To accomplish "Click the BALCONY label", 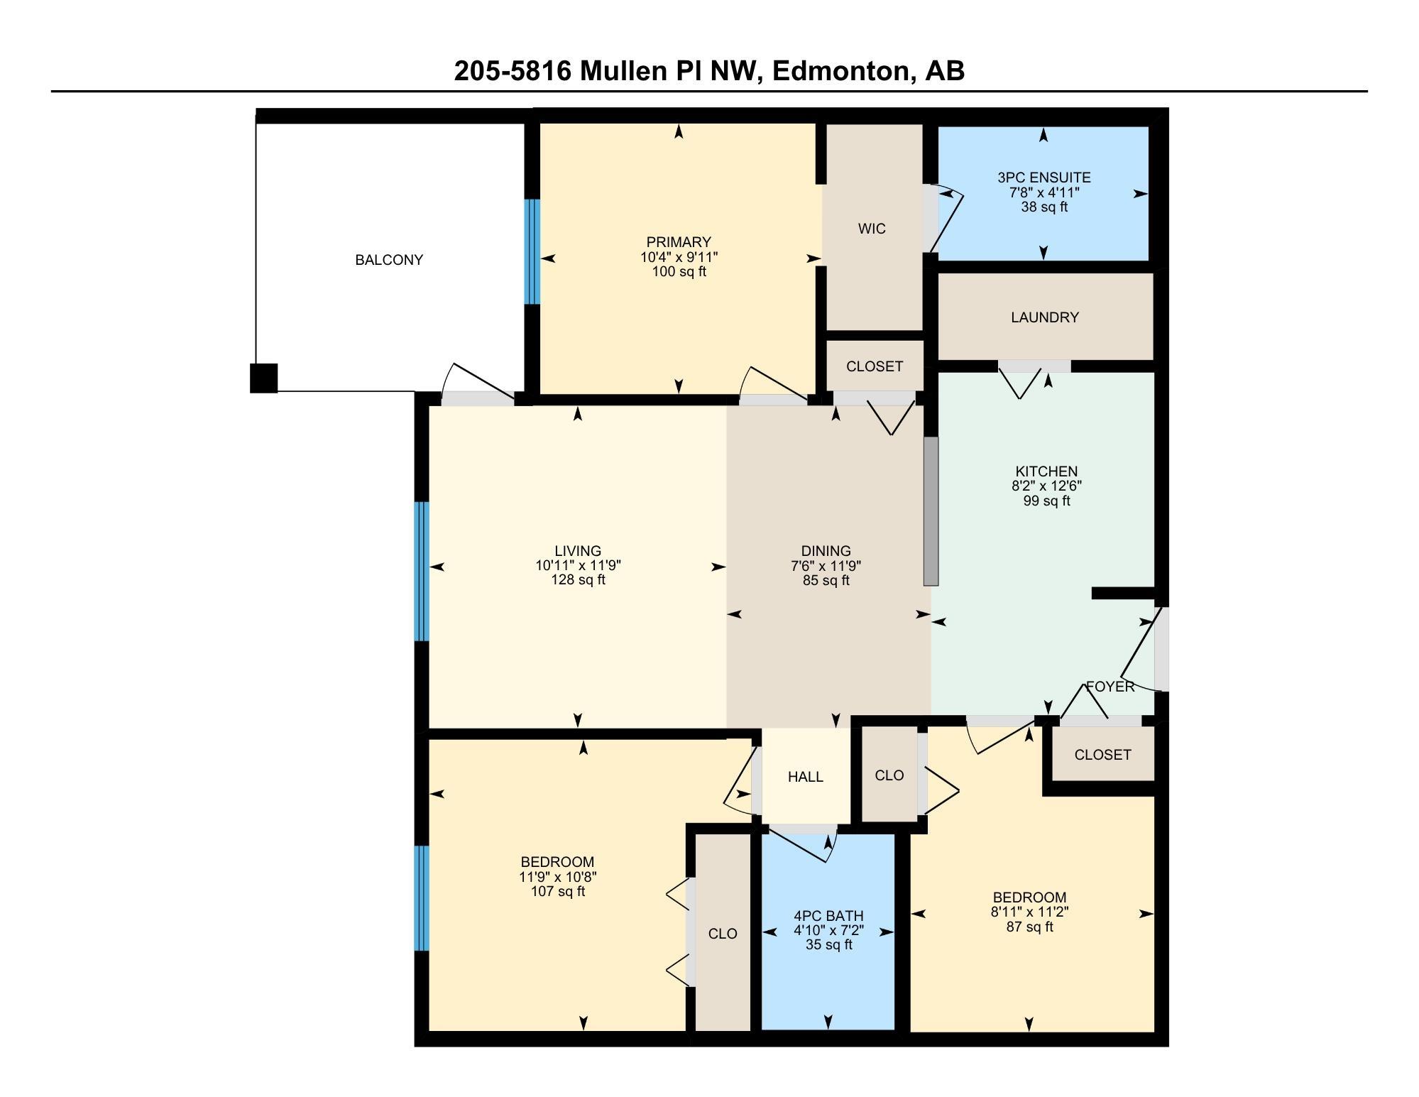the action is pos(389,260).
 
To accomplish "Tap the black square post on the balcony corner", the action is pos(263,378).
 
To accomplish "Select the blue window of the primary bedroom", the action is pos(532,251).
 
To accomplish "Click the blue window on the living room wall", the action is pos(422,572).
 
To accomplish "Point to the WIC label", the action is pos(872,229).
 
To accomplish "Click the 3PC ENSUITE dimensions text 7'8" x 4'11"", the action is pos(1043,192).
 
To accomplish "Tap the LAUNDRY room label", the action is pos(1045,317).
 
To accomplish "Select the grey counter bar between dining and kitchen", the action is pos(931,511).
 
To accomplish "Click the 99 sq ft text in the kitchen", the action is pos(1046,501).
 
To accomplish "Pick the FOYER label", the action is pos(1110,687).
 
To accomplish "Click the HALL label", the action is pos(806,777).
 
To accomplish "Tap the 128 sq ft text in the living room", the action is pos(579,579).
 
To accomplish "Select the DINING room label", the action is pos(826,551).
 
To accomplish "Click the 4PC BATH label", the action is pos(828,916).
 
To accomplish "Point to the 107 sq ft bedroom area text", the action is pos(557,891).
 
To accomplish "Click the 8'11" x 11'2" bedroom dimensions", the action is pos(1029,912).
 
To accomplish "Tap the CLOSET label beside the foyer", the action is pos(1102,755).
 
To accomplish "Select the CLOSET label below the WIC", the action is pos(875,366).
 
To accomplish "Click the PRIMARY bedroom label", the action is pos(679,242).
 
